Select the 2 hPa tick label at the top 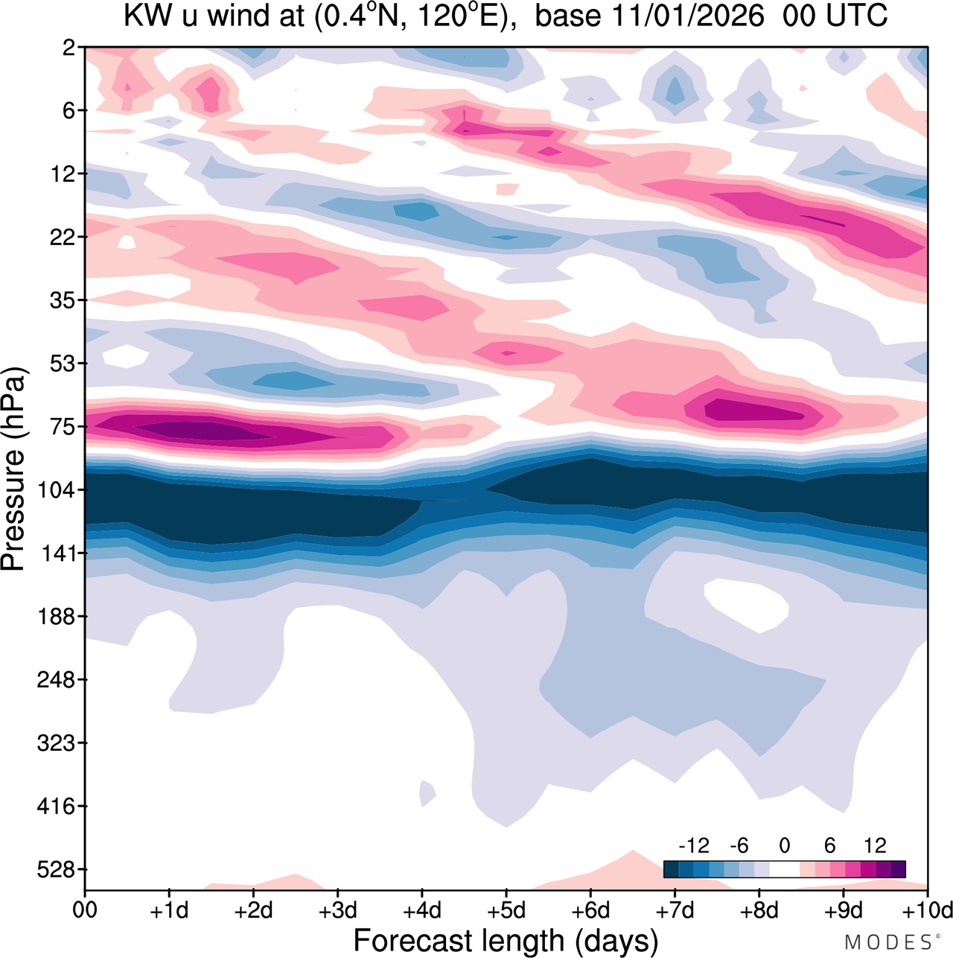[69, 48]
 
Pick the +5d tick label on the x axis [506, 910]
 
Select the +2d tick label [253, 910]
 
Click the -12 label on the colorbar [694, 846]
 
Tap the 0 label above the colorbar [784, 846]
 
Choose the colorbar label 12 [875, 846]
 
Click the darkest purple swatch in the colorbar [898, 869]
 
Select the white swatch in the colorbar [784, 869]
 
